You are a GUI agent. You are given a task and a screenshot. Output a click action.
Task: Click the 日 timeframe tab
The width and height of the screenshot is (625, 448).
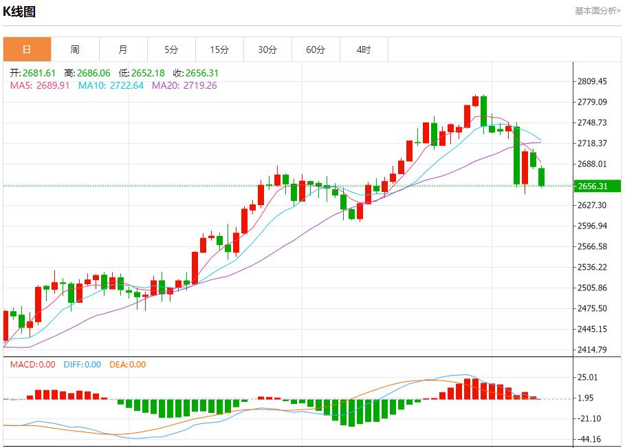pos(27,50)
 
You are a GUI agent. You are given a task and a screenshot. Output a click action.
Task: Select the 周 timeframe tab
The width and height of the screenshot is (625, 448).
pos(75,50)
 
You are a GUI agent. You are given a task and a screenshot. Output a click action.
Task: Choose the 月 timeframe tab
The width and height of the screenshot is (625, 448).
pos(123,50)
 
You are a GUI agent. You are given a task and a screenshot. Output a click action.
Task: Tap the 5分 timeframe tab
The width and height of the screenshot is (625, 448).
pos(171,50)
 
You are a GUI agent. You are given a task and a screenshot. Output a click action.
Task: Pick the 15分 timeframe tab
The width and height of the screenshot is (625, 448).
pos(219,50)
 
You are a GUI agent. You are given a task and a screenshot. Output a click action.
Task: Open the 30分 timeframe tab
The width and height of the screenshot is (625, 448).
pos(267,50)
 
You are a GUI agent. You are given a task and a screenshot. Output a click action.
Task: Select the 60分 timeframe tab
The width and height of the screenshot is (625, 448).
pos(316,50)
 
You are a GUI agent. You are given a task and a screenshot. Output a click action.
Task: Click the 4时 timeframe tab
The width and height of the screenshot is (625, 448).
pos(364,50)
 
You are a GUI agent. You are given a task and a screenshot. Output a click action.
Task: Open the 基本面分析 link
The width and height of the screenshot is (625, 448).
pos(597,11)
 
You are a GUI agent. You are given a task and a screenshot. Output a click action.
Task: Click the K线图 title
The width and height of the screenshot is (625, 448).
pos(19,12)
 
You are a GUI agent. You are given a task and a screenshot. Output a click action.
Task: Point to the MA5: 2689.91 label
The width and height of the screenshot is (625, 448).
pos(40,85)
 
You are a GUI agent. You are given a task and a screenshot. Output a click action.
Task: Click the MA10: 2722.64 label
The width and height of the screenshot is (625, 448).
pos(111,85)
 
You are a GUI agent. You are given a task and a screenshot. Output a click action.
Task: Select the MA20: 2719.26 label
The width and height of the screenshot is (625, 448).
pos(184,85)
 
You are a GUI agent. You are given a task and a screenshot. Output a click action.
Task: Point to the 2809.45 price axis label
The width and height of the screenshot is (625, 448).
pos(592,81)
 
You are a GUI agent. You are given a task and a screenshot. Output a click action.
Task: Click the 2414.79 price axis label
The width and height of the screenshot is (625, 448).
pos(592,350)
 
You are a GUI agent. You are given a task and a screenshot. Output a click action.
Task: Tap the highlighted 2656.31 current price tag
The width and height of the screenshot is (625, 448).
pos(593,186)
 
